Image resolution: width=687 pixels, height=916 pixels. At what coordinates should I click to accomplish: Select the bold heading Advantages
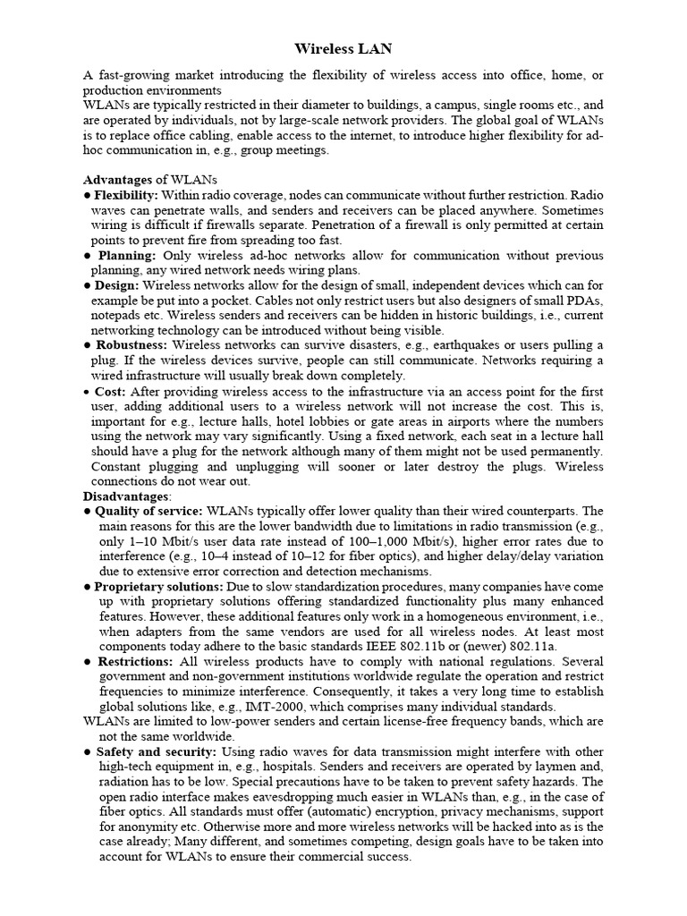coord(122,180)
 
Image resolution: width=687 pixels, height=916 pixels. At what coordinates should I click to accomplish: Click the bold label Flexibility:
coord(126,194)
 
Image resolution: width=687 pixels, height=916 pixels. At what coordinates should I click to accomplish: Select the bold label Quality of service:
coord(148,510)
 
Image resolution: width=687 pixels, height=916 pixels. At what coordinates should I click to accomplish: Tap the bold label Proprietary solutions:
coord(158,586)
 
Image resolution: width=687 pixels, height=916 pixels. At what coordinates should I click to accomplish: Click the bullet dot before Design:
coord(87,285)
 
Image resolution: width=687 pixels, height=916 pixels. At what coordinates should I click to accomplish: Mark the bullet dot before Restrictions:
coord(87,661)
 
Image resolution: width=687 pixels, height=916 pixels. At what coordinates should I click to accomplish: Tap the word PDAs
coord(584,300)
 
